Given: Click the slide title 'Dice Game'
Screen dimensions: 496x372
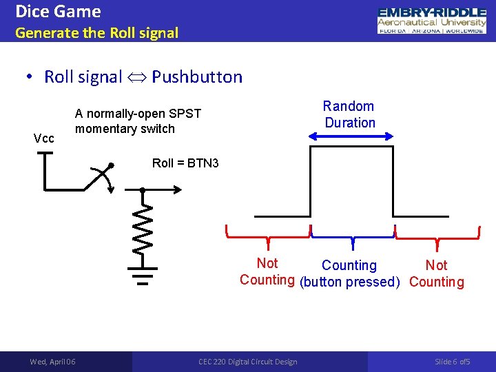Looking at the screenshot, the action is [x=58, y=12].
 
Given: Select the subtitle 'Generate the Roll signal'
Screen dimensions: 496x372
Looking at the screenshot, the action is [x=96, y=32].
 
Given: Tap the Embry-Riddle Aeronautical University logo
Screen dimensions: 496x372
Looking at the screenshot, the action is [x=431, y=21].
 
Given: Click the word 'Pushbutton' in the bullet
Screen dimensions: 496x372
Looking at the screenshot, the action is [x=197, y=76].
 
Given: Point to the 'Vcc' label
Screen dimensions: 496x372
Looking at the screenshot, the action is [x=45, y=138].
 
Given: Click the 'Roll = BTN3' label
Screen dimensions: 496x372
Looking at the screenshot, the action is [x=185, y=163].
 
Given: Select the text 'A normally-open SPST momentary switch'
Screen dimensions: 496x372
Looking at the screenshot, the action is [x=138, y=121].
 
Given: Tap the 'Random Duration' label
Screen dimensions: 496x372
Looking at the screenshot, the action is [x=350, y=114].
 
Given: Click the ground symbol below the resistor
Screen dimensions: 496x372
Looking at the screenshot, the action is [x=142, y=275].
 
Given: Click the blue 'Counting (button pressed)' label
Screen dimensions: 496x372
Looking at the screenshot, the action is [x=350, y=273].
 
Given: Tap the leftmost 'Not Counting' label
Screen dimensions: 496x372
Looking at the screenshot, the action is [x=267, y=271].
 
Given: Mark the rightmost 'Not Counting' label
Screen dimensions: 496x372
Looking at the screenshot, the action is [x=437, y=273].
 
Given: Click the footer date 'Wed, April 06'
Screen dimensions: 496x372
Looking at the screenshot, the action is [x=53, y=362].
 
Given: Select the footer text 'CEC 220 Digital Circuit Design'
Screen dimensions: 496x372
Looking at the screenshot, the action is [x=248, y=362].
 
